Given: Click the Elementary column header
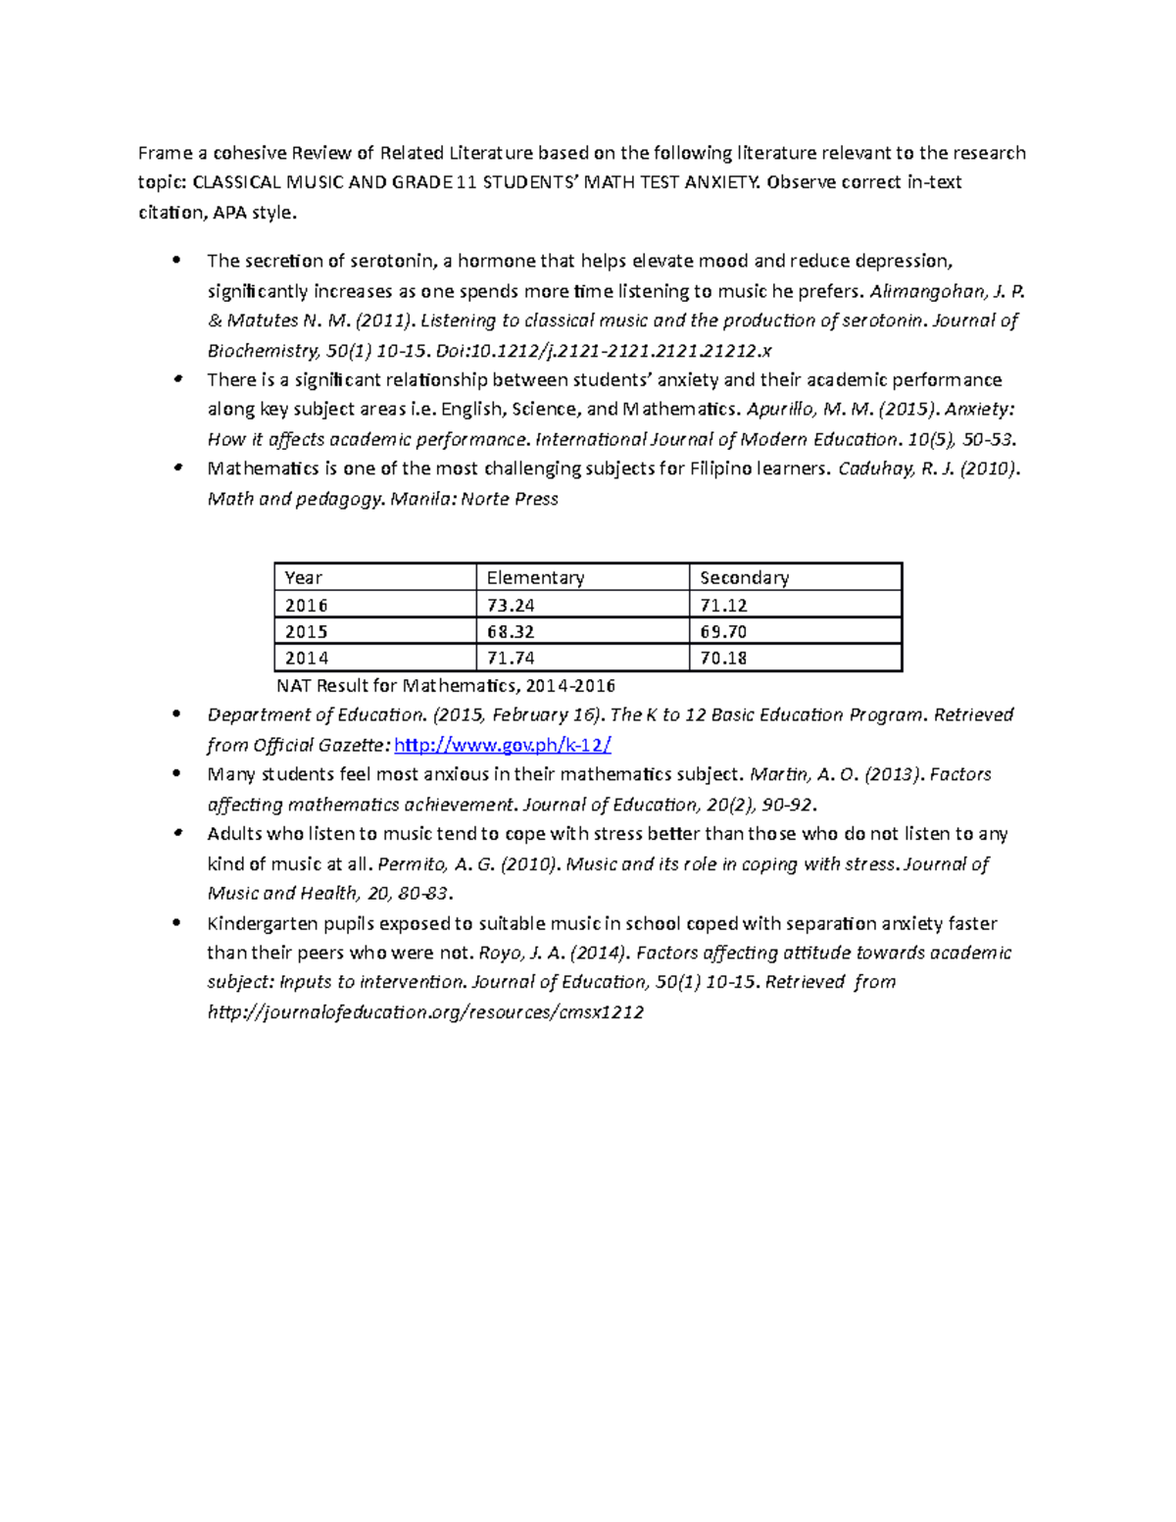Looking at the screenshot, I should (535, 578).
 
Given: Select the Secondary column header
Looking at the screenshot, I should (744, 578).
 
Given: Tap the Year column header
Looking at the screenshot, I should (303, 578).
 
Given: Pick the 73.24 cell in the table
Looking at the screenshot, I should (511, 606).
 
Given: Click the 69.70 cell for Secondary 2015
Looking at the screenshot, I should (723, 632).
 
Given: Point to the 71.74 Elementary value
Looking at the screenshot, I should (511, 659).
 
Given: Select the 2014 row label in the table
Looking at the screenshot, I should (307, 659).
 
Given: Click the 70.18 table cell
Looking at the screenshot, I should (723, 659).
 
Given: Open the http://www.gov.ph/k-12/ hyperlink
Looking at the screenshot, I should (502, 746).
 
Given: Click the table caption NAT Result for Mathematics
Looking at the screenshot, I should (446, 686).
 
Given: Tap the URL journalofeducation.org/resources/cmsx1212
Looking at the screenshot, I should (425, 1012).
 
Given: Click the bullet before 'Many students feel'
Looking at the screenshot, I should (176, 774).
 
